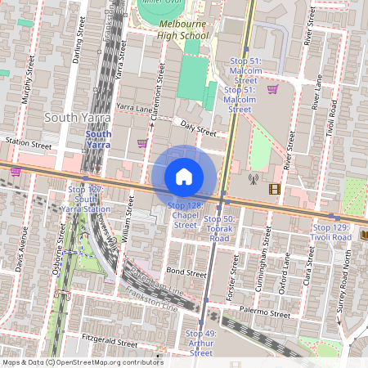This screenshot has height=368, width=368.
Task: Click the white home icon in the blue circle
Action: [x=184, y=177]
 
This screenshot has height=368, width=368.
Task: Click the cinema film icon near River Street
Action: [x=273, y=190]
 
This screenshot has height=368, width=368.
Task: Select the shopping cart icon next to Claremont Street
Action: [x=142, y=143]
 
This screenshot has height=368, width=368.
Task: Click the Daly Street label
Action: [x=198, y=129]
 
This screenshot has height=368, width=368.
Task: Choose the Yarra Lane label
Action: [x=135, y=107]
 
